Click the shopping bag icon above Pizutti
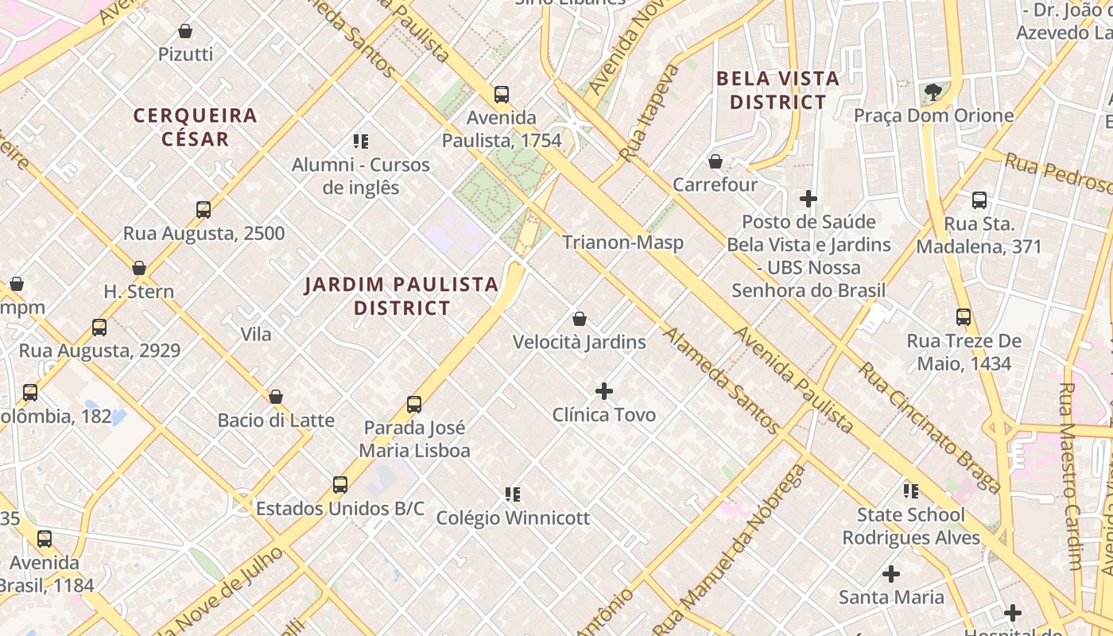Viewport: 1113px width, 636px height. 185,31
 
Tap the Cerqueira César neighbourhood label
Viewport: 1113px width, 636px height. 195,127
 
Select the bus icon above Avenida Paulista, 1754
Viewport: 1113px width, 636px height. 502,95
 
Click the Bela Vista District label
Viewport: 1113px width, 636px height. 778,91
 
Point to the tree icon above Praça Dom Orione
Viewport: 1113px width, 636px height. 933,92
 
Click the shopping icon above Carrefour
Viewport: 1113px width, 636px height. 715,161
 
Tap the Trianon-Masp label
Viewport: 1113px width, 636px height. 622,242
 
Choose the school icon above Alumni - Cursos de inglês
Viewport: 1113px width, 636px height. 361,142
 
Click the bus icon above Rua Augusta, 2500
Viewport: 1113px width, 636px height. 204,210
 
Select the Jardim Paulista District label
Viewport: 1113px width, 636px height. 401,296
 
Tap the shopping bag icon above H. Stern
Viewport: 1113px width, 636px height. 139,268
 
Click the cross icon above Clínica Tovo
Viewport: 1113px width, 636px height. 604,391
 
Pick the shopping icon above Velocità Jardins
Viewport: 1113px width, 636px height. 580,319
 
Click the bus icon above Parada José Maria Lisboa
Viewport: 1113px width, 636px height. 414,404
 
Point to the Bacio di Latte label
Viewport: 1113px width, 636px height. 276,421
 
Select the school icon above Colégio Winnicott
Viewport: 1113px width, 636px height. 513,494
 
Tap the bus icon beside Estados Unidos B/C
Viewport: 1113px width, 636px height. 340,484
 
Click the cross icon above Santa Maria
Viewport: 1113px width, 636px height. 891,573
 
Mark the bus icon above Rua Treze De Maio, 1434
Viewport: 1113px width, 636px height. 964,317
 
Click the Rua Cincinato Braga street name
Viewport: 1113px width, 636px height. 929,428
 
